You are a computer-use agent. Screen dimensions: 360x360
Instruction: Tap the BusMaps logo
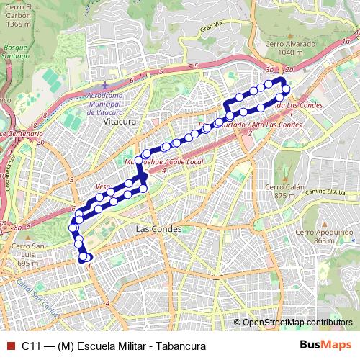click(324, 345)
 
